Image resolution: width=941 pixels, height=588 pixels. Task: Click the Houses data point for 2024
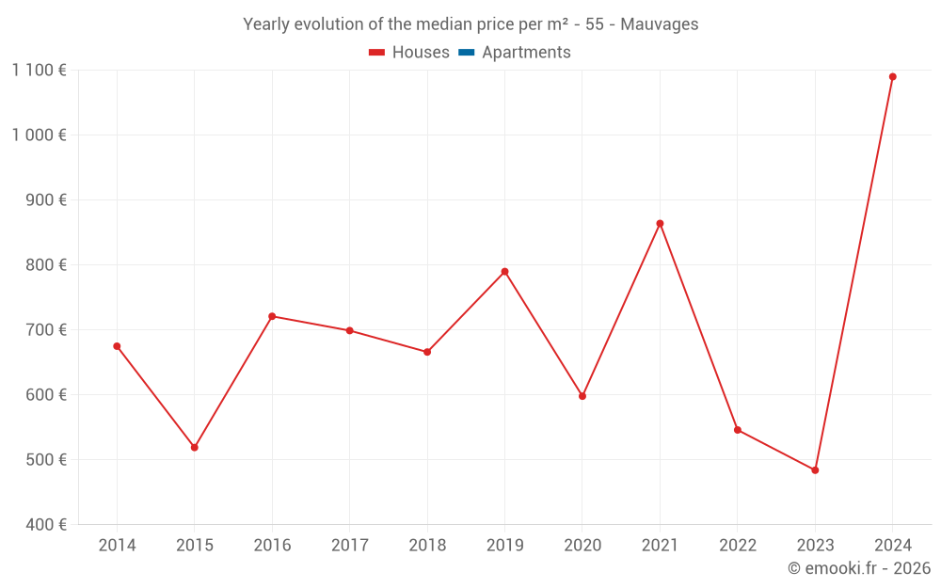click(x=892, y=77)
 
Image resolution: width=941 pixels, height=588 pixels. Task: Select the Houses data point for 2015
click(x=195, y=448)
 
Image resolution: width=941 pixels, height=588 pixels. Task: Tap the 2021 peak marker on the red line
click(x=660, y=224)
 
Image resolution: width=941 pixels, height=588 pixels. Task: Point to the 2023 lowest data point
click(x=815, y=470)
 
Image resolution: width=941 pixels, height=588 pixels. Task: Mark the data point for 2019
click(x=504, y=272)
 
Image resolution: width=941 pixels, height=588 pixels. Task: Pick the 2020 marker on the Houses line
click(x=582, y=396)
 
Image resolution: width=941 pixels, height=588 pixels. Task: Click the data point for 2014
click(x=117, y=346)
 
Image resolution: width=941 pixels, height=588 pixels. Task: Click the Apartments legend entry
click(x=526, y=53)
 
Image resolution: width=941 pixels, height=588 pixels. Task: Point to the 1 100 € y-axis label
click(x=39, y=70)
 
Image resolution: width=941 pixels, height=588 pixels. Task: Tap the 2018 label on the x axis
click(x=427, y=546)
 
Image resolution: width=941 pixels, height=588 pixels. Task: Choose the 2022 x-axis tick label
click(x=738, y=546)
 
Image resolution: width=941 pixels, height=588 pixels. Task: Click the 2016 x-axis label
click(x=272, y=546)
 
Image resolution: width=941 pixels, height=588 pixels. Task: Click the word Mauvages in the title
click(x=659, y=24)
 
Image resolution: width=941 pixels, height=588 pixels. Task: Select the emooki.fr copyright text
click(x=858, y=568)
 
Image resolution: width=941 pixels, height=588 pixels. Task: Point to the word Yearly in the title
click(x=266, y=24)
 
